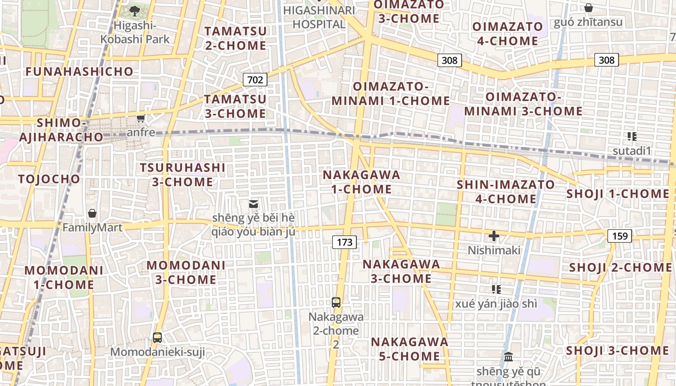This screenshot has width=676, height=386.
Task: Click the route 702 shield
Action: (x=255, y=79)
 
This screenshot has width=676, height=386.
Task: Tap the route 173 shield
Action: (x=344, y=242)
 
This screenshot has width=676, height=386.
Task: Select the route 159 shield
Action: (x=619, y=235)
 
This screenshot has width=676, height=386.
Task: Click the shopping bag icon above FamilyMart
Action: (x=92, y=213)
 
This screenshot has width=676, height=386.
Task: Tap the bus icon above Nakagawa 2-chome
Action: (x=336, y=303)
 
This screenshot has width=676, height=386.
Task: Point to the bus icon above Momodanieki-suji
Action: (x=157, y=337)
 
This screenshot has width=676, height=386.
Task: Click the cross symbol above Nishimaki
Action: (x=493, y=236)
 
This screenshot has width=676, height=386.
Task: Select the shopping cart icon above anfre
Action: (x=141, y=118)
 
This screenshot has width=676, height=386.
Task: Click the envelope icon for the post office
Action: (x=253, y=204)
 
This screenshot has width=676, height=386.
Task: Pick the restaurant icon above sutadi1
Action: (x=632, y=137)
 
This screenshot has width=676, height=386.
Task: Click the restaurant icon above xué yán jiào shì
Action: (x=496, y=289)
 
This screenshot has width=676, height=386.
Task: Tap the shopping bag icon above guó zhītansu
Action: (x=588, y=8)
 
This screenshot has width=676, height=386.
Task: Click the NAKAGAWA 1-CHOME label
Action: (x=362, y=182)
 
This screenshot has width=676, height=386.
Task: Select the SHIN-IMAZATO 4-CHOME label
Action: (x=506, y=192)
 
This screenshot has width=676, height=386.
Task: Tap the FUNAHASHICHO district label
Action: (x=79, y=71)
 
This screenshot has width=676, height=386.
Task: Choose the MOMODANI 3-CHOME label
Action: (x=186, y=272)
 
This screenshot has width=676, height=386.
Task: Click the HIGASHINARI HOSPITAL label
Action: (x=319, y=17)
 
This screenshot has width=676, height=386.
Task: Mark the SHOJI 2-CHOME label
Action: (x=620, y=267)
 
